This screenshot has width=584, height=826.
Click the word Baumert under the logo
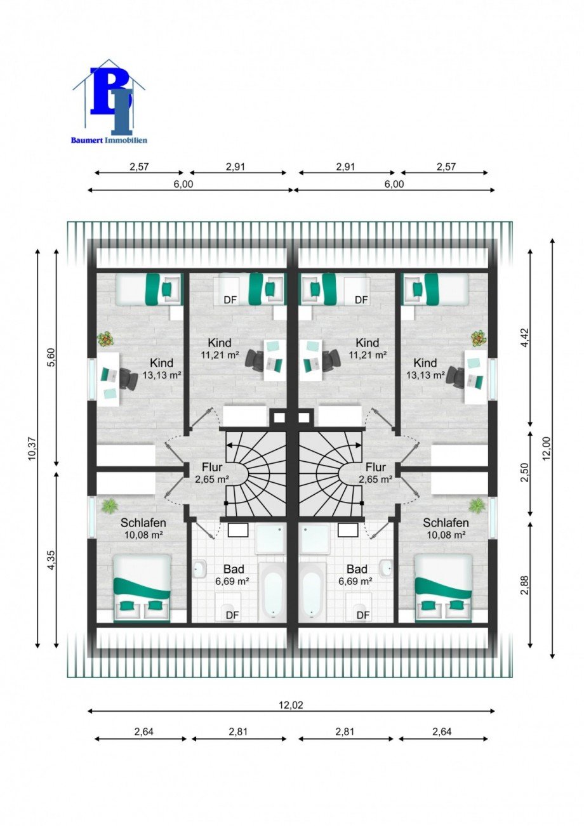pos(88,140)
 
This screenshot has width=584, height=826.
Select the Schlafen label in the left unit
pos(143,523)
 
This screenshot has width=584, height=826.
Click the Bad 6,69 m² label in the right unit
pos(356,575)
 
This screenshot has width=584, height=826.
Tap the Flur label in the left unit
pos(212,467)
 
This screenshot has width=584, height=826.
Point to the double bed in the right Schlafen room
pos(444,588)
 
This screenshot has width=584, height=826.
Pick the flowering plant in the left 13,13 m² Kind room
pos(106,339)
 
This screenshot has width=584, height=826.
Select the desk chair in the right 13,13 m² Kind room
pos(456,376)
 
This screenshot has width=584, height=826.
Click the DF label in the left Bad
pos(232,615)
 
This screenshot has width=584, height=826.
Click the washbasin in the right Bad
pos(386,569)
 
